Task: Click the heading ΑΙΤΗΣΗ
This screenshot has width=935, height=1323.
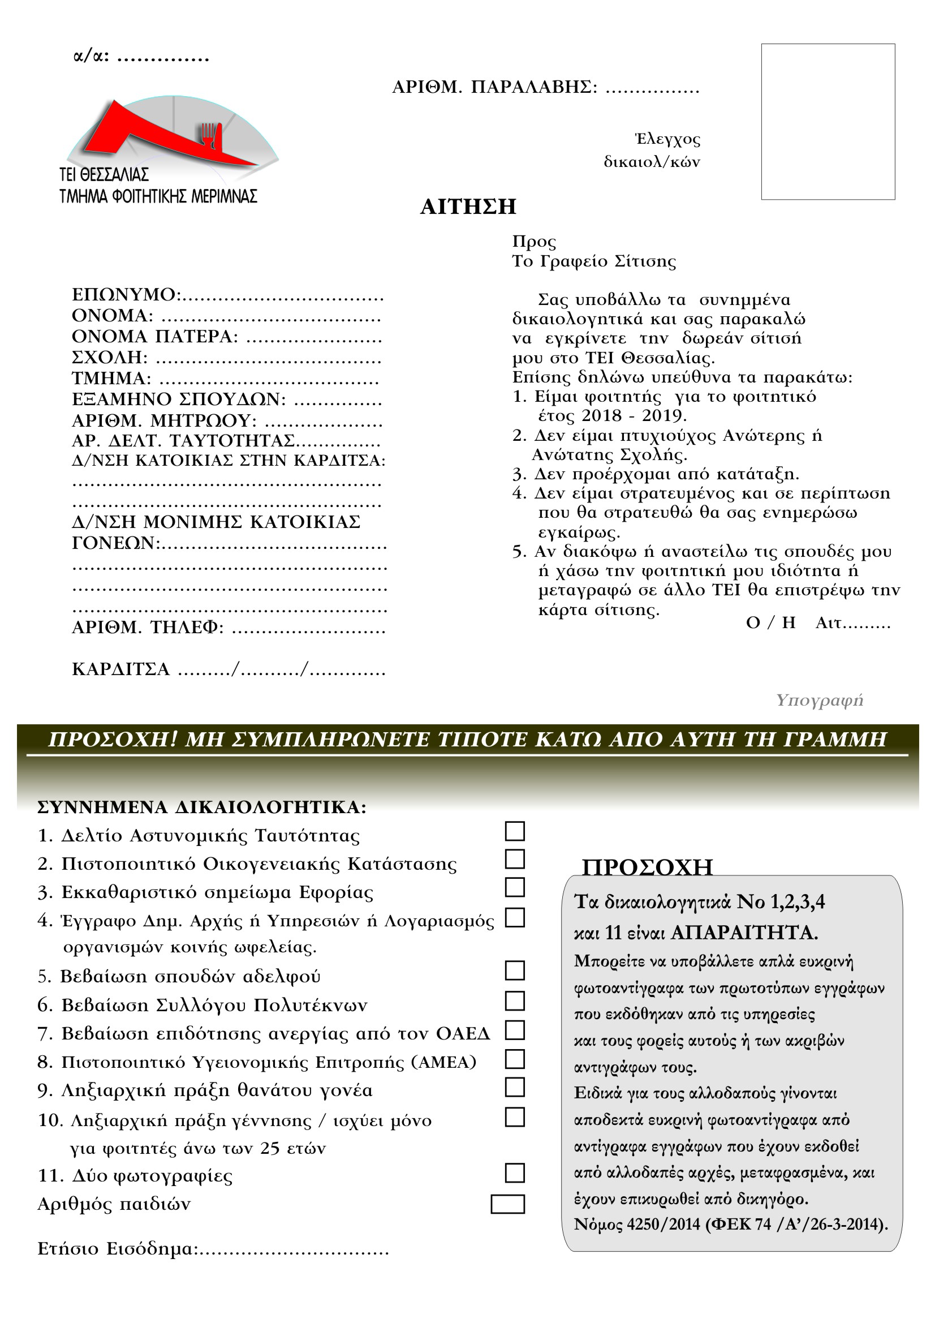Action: point(468,207)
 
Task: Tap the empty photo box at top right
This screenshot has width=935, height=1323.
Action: point(828,122)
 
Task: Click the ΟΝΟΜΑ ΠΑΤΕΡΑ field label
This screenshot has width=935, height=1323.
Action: point(154,337)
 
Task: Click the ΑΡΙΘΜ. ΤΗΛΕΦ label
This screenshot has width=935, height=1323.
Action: point(148,627)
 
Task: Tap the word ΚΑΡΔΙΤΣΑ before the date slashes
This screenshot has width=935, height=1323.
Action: point(120,669)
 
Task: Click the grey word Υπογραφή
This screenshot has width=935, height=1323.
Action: point(819,700)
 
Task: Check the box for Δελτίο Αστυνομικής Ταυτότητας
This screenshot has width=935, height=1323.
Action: point(515,831)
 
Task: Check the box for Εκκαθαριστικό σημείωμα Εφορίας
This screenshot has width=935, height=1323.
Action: point(515,887)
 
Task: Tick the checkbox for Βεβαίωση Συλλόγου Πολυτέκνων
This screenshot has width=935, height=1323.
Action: point(515,1001)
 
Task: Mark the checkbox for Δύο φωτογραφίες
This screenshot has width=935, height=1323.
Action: point(515,1172)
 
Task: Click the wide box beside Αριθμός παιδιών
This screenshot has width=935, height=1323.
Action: point(507,1204)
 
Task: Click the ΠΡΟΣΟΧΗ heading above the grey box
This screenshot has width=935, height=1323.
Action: point(647,867)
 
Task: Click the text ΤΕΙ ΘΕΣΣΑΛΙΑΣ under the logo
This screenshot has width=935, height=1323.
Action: point(104,175)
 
